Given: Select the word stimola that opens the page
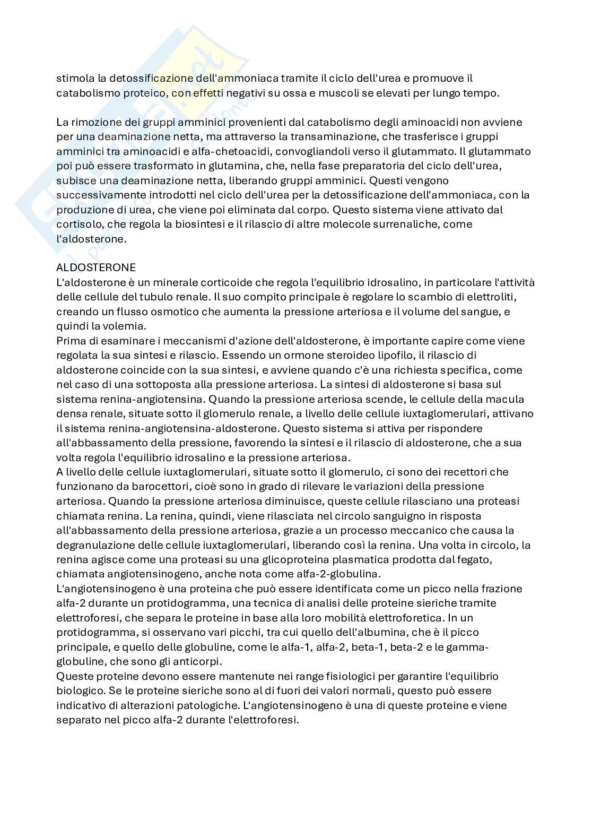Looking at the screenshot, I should [74, 79].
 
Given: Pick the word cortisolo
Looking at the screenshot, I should [78, 224].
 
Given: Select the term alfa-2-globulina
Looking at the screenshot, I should [346, 574].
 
